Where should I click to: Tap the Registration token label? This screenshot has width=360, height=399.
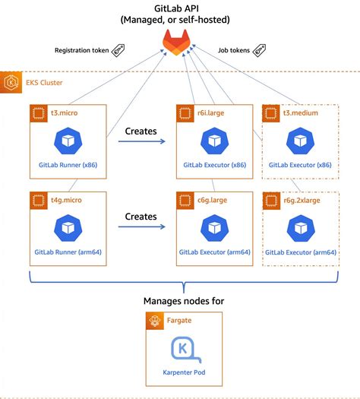[83, 51]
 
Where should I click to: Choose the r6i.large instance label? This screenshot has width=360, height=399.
[207, 112]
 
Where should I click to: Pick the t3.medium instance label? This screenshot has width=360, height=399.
[296, 112]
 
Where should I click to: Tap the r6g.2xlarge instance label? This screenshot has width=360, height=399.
[299, 199]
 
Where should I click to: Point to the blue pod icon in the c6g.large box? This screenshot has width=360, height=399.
[212, 227]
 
